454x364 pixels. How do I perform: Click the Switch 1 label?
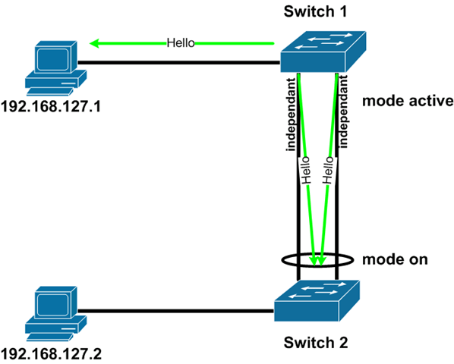[x=315, y=12]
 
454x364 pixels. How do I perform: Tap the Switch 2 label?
[x=315, y=342]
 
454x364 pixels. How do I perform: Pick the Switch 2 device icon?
[x=317, y=300]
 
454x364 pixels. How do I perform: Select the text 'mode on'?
[x=394, y=259]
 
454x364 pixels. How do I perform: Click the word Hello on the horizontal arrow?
[x=181, y=43]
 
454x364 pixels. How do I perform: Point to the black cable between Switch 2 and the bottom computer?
[x=175, y=309]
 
